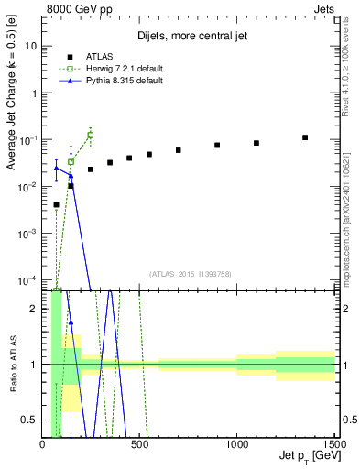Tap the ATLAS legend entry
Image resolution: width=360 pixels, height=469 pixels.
click(100, 56)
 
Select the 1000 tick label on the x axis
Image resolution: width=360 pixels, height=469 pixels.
click(236, 444)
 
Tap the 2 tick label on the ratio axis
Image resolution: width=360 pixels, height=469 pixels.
click(33, 309)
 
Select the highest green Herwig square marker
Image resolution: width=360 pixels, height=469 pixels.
click(90, 136)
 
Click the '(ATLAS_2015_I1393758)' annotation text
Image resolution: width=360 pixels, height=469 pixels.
click(190, 273)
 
